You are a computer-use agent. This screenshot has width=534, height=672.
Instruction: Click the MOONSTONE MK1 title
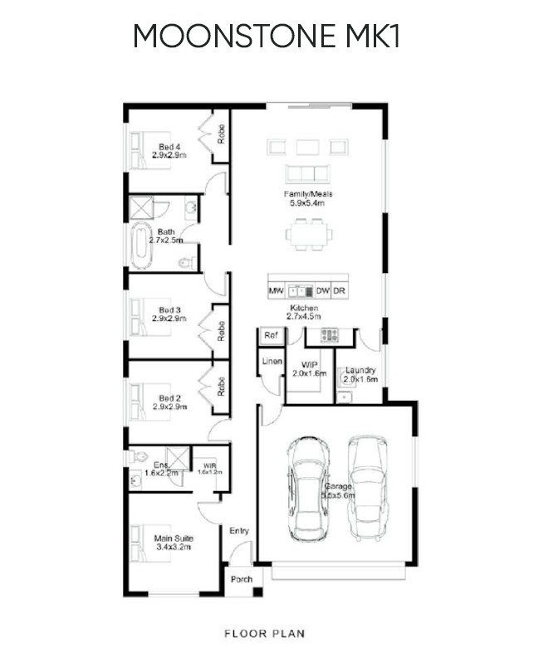click(267, 37)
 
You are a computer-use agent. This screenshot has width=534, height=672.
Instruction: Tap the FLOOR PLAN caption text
click(265, 634)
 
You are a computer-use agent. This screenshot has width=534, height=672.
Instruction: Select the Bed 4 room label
click(170, 148)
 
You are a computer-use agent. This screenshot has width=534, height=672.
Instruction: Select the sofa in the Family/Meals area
click(306, 173)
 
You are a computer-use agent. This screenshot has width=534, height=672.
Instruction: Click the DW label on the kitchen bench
click(323, 291)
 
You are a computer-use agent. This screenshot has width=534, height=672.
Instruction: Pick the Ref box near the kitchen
click(271, 336)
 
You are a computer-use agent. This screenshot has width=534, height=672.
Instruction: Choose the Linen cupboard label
click(272, 362)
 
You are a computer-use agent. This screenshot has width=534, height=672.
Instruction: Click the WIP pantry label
click(309, 365)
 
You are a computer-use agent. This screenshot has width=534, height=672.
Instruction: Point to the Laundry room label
click(361, 371)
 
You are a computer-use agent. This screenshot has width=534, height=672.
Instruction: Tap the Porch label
click(242, 580)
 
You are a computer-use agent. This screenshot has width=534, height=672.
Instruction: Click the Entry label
click(239, 531)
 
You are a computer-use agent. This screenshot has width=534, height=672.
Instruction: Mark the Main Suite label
click(174, 539)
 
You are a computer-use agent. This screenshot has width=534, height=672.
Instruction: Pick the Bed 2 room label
click(170, 399)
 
